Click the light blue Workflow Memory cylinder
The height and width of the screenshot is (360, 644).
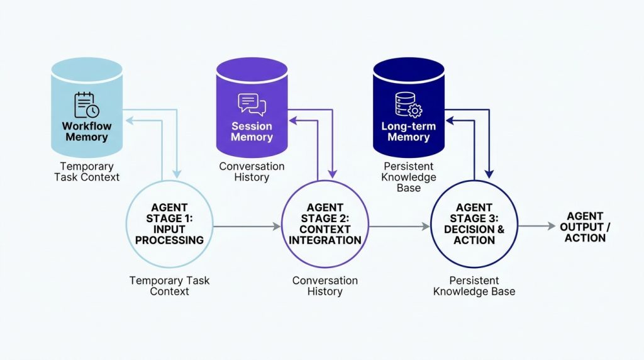pyautogui.click(x=87, y=108)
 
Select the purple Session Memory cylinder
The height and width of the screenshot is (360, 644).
pyautogui.click(x=252, y=108)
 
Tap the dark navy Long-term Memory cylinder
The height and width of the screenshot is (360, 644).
pyautogui.click(x=409, y=108)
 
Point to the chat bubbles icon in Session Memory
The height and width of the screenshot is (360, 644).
pyautogui.click(x=252, y=104)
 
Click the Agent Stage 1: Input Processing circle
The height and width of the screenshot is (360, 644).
pyautogui.click(x=169, y=225)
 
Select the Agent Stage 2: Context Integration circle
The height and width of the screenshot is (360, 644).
pyautogui.click(x=325, y=225)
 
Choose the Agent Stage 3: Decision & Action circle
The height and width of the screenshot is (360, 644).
pyautogui.click(x=474, y=225)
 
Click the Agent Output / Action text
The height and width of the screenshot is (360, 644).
pyautogui.click(x=585, y=227)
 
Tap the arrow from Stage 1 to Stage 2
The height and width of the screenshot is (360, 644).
pyautogui.click(x=247, y=226)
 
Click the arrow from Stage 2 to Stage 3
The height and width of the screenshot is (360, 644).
pyautogui.click(x=399, y=226)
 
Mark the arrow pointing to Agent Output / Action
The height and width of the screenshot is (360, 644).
pyautogui.click(x=537, y=226)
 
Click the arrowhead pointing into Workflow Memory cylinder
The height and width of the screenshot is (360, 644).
pyautogui.click(x=129, y=120)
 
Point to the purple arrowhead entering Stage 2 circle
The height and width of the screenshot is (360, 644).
pyautogui.click(x=333, y=174)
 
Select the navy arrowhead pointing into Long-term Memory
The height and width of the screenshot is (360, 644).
pyautogui.click(x=450, y=120)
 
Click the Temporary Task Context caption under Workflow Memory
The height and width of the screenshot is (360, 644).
pyautogui.click(x=87, y=172)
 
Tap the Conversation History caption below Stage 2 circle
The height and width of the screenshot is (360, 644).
pyautogui.click(x=325, y=286)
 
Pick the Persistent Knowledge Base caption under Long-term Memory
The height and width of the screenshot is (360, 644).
pyautogui.click(x=409, y=177)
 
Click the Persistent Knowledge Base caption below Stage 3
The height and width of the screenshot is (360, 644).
pyautogui.click(x=474, y=286)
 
